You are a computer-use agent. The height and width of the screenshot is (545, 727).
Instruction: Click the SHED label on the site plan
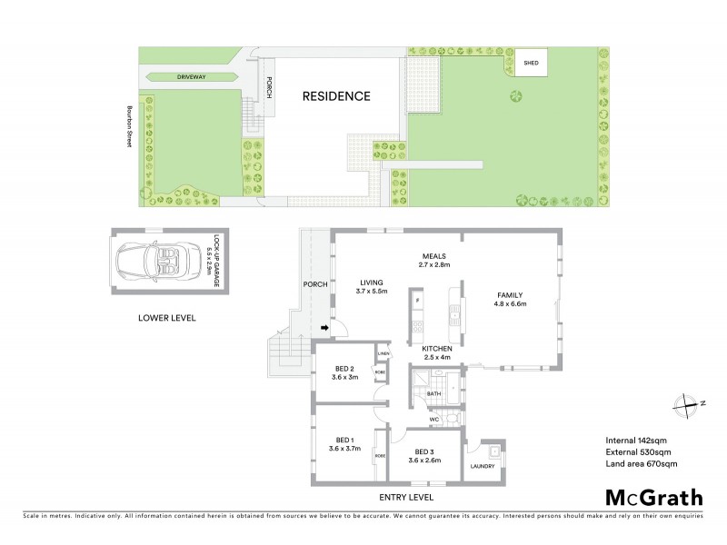coord(531,64)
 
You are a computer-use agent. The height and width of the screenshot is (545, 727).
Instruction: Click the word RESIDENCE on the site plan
coord(337,95)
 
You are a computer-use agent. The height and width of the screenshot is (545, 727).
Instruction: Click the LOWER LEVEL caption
coord(166,319)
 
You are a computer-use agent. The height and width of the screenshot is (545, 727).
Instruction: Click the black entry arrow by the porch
coord(323,329)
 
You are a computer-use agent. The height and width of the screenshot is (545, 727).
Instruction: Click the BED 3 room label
coord(427,455)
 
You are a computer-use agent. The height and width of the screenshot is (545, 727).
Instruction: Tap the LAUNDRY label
coord(483,467)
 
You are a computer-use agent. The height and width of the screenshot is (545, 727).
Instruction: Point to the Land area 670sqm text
coord(642,464)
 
